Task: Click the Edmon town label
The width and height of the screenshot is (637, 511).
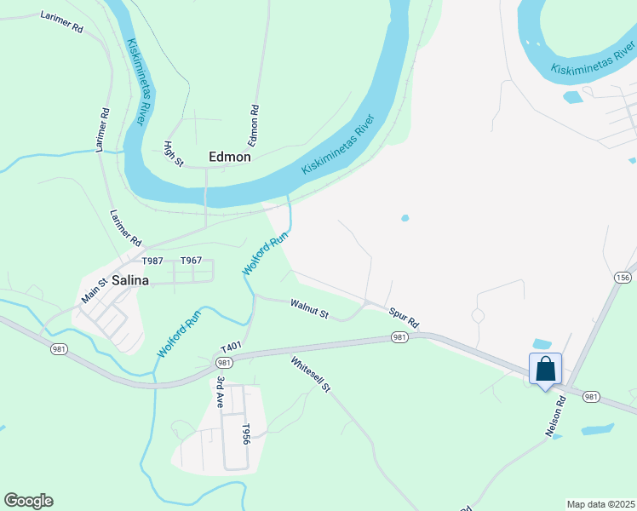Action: (x=230, y=157)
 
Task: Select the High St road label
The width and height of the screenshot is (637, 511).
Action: (x=174, y=154)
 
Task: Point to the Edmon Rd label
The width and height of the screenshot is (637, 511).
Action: (x=254, y=123)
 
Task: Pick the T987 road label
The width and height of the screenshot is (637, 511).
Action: (x=152, y=261)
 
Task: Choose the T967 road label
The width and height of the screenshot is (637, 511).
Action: (x=191, y=261)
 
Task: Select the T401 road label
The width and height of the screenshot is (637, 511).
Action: (x=232, y=349)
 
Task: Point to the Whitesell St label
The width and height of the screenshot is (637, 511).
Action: (x=310, y=375)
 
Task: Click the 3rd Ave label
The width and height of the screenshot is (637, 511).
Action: (x=221, y=392)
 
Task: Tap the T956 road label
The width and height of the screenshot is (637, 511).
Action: (x=245, y=434)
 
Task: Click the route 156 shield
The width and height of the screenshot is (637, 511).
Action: (x=623, y=278)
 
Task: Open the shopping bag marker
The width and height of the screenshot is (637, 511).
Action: (x=545, y=370)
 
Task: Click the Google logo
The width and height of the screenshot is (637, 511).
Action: (x=28, y=501)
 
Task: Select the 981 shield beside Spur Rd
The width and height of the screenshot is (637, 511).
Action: (x=399, y=337)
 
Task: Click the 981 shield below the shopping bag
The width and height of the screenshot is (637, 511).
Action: (x=592, y=397)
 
